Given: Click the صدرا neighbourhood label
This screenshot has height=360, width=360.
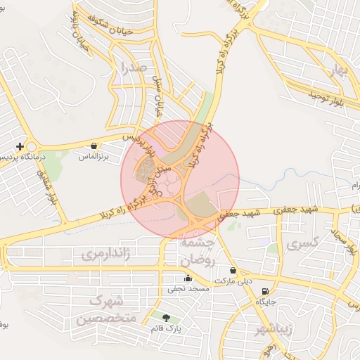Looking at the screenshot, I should pos(133,69).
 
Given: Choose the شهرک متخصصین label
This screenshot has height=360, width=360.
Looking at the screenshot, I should pos(105,310).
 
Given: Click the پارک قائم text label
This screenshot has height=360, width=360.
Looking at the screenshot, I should pos(166,328).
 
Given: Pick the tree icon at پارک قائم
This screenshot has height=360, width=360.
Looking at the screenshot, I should pos(166,318).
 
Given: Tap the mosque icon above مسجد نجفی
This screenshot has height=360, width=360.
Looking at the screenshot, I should pos(187,278).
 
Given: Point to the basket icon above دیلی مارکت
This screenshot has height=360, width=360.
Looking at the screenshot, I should pos(233,270).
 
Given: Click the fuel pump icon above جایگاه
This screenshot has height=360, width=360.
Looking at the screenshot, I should pos(265,291).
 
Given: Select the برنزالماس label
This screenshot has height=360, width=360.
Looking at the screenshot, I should pos(94,156).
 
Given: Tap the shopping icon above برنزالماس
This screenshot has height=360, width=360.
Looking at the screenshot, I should pos(94,146).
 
